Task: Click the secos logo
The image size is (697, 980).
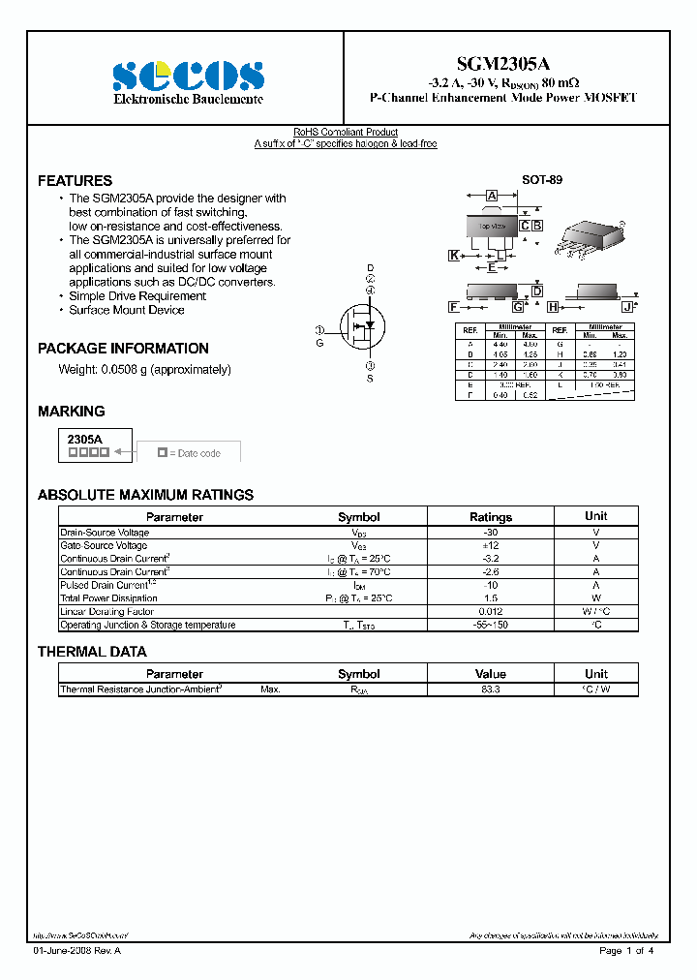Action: pyautogui.click(x=188, y=75)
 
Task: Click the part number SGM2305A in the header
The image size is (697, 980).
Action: pyautogui.click(x=503, y=62)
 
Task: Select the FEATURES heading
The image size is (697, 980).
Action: pyautogui.click(x=75, y=181)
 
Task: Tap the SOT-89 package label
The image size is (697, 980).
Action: pyautogui.click(x=542, y=180)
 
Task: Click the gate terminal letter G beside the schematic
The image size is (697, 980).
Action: pyautogui.click(x=319, y=343)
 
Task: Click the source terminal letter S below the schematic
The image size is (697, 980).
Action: pyautogui.click(x=370, y=379)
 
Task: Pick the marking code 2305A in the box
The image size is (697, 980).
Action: pyautogui.click(x=84, y=439)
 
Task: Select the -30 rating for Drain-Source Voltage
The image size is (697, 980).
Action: pyautogui.click(x=491, y=533)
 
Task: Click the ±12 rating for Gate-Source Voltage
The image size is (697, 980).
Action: pyautogui.click(x=491, y=546)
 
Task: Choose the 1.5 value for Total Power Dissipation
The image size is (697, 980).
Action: pyautogui.click(x=491, y=598)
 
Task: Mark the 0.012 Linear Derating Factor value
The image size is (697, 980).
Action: pyautogui.click(x=491, y=612)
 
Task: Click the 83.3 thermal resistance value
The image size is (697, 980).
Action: pyautogui.click(x=491, y=689)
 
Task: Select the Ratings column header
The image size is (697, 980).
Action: pyautogui.click(x=491, y=517)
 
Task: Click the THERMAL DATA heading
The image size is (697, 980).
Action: pyautogui.click(x=92, y=652)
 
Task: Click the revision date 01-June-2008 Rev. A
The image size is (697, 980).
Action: pyautogui.click(x=77, y=951)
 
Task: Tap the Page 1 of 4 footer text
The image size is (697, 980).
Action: pyautogui.click(x=626, y=951)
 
